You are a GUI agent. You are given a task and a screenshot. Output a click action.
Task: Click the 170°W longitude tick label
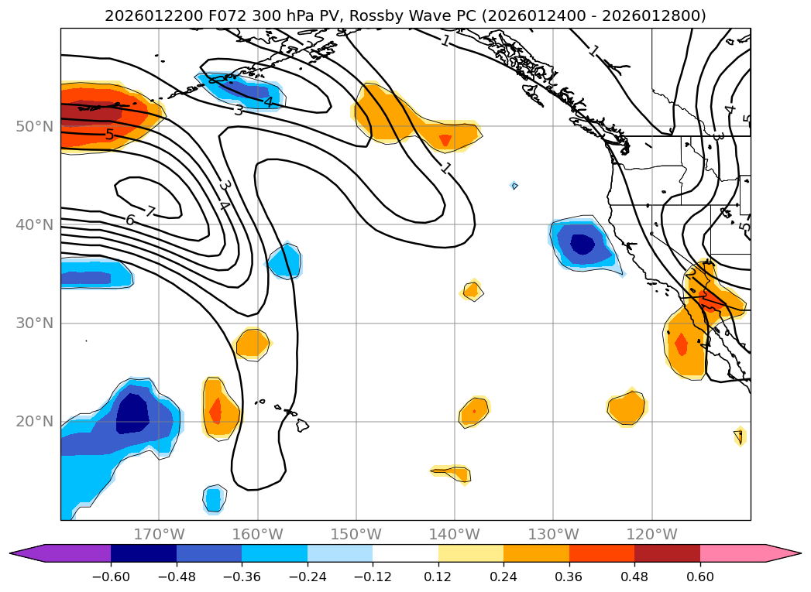pos(160,534)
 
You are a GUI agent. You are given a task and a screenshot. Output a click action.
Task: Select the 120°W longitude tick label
pos(652,534)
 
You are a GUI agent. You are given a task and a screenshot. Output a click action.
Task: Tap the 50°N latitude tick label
pos(34,126)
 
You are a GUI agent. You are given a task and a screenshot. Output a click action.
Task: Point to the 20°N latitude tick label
pos(34,422)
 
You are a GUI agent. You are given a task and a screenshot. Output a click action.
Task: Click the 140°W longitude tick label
pos(455,534)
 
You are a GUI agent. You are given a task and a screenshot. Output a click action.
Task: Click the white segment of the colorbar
pos(405,553)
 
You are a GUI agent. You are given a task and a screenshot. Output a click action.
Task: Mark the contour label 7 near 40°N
pos(150,211)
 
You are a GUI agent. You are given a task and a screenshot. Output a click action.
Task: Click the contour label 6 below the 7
pos(130,221)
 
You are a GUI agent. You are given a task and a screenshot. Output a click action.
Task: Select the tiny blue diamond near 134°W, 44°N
pos(514,186)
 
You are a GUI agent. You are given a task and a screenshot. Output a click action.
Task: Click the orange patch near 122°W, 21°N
pos(627,407)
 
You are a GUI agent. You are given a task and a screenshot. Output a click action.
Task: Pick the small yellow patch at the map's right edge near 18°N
pos(740,436)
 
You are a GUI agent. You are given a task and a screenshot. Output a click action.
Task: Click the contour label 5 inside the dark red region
pos(109,135)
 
